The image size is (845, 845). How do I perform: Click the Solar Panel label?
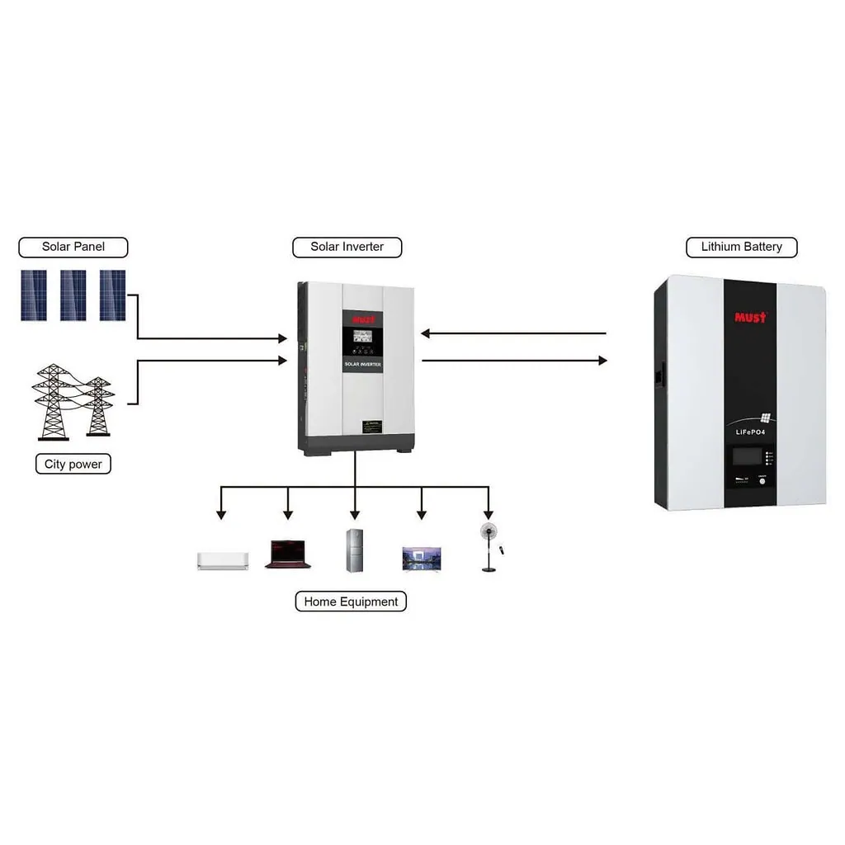(x=73, y=247)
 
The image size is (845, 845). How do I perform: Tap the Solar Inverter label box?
(x=347, y=247)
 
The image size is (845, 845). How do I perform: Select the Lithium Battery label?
(x=741, y=247)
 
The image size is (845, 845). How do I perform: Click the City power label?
(x=73, y=465)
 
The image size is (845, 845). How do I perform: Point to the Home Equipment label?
(x=351, y=602)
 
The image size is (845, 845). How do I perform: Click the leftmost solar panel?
(x=34, y=295)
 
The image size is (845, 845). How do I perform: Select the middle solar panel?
(x=73, y=295)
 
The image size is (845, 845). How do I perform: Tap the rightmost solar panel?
(x=112, y=295)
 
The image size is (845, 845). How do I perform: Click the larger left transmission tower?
(x=52, y=402)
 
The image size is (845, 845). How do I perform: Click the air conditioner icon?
(x=222, y=560)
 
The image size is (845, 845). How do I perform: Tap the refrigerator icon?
(x=355, y=550)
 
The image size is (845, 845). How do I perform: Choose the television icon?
(x=421, y=559)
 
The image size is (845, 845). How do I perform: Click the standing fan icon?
(x=489, y=545)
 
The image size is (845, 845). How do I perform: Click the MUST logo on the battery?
(x=750, y=317)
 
